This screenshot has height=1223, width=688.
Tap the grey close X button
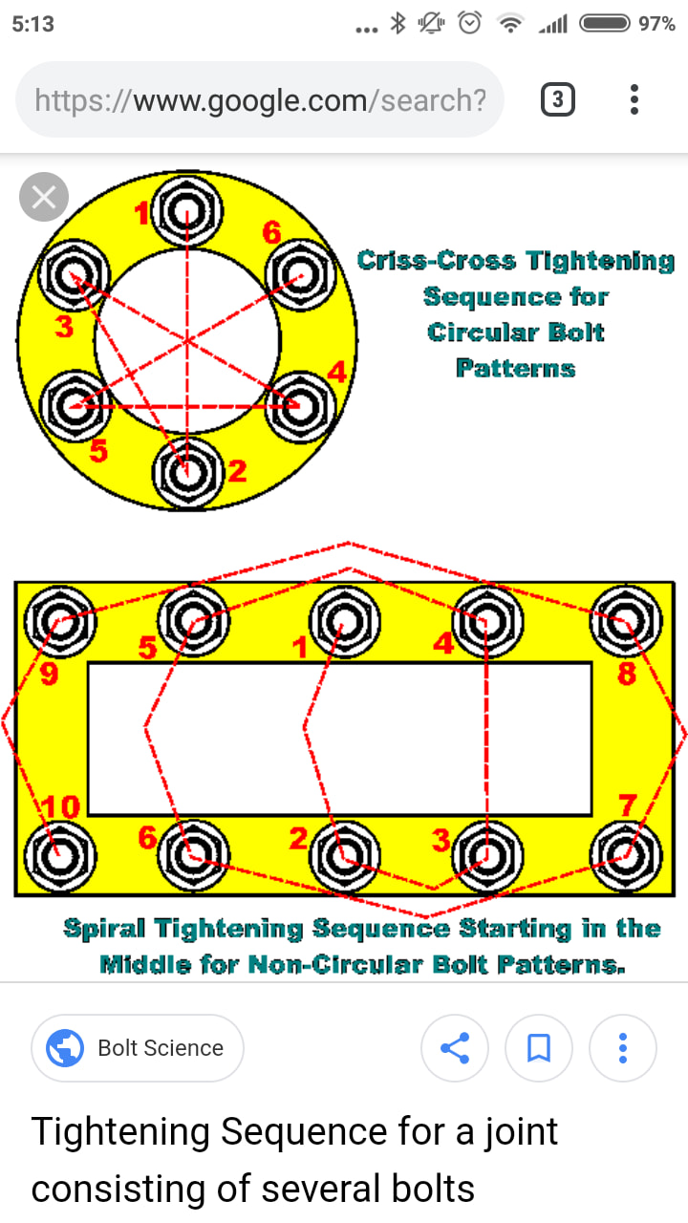44,197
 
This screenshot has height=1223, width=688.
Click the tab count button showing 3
557,99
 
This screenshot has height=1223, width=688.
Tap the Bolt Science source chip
137,1048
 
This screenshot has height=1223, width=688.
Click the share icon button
454,1048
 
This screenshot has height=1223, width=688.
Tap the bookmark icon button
538,1048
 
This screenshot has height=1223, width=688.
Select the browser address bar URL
260,100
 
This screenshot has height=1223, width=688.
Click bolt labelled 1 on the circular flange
186,211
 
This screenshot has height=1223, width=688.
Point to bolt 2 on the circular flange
187,472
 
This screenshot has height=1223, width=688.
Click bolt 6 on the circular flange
300,275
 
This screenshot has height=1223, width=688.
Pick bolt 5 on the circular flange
75,406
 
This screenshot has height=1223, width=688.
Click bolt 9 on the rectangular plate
60,621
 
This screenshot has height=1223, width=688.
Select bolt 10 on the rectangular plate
60,856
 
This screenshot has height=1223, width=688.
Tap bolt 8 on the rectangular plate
626,621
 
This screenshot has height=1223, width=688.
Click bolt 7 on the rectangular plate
626,856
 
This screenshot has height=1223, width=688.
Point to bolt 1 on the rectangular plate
344,621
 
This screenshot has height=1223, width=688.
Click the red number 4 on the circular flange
337,373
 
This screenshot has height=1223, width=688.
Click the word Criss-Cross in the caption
437,261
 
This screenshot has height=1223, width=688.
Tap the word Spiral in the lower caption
104,929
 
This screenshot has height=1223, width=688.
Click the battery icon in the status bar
605,24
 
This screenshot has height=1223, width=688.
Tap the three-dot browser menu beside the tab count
634,99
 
